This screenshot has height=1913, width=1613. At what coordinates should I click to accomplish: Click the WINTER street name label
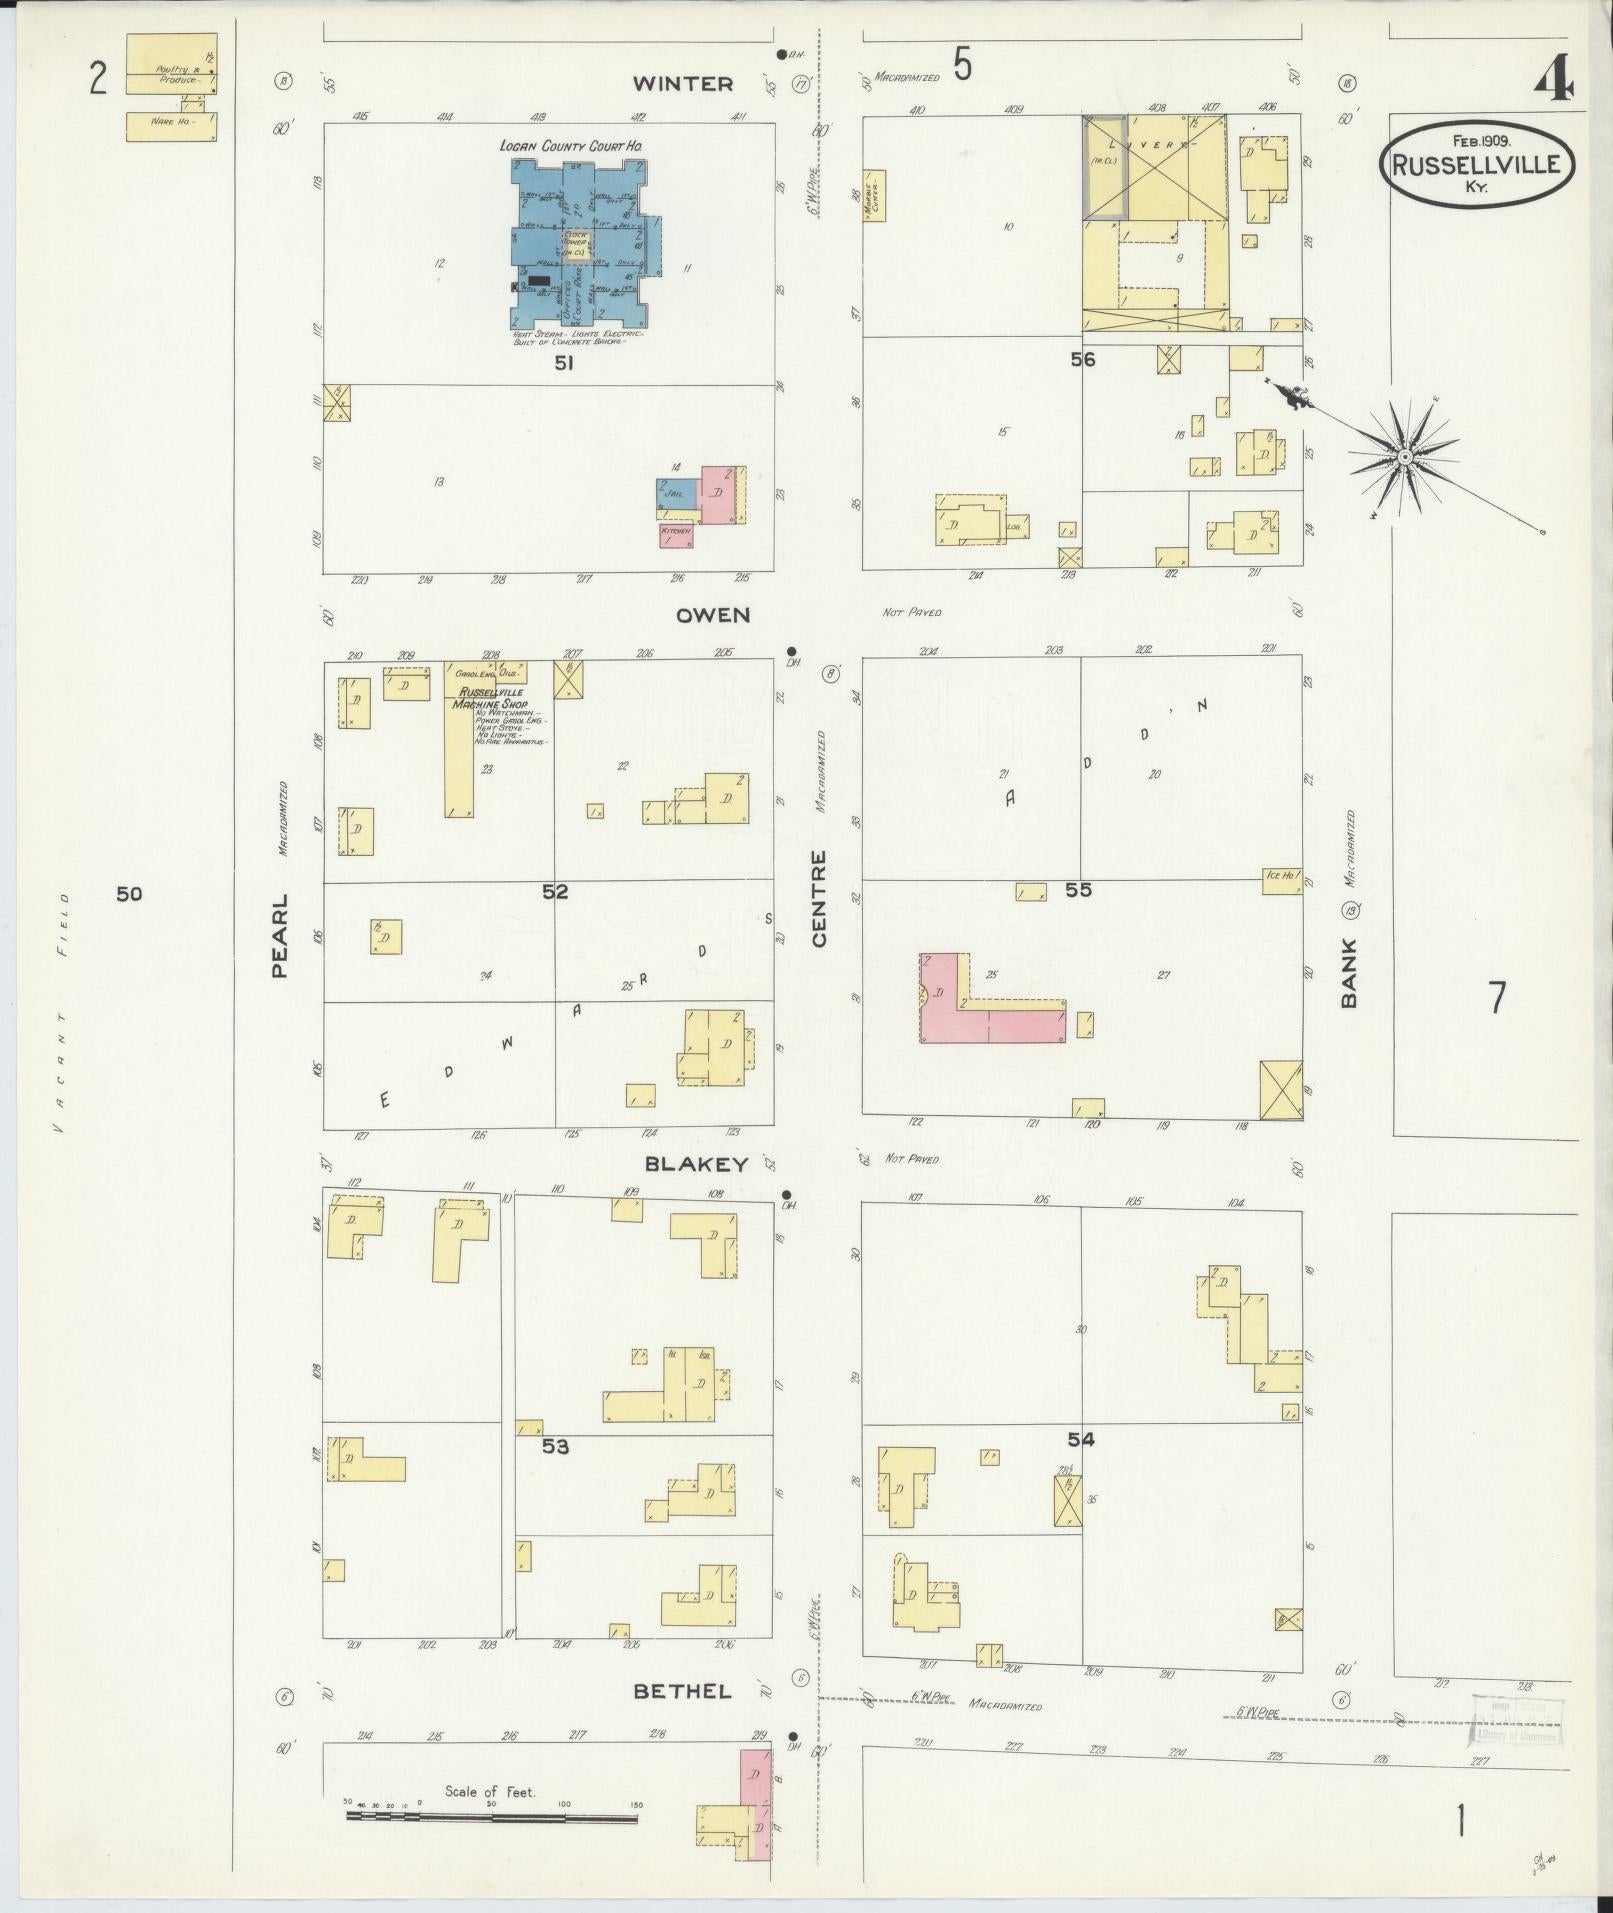pyautogui.click(x=683, y=84)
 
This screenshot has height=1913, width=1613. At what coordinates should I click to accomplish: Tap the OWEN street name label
pyautogui.click(x=713, y=615)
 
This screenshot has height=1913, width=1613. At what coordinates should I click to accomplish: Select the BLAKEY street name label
pyautogui.click(x=696, y=1164)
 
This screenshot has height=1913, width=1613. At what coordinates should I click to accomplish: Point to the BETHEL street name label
pyautogui.click(x=683, y=1691)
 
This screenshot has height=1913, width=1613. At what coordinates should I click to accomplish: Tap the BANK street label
pyautogui.click(x=1349, y=972)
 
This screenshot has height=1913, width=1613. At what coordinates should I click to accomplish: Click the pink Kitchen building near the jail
pyautogui.click(x=676, y=534)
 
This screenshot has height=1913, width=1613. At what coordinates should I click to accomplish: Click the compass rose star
pyautogui.click(x=1403, y=457)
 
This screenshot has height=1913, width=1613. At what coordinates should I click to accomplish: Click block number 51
pyautogui.click(x=564, y=365)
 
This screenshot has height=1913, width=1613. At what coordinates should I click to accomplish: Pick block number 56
pyautogui.click(x=1082, y=360)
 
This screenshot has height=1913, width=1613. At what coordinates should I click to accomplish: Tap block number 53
pyautogui.click(x=555, y=1446)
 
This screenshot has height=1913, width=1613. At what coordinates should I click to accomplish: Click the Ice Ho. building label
pyautogui.click(x=1281, y=876)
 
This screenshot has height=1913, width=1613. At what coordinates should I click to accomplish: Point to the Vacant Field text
pyautogui.click(x=62, y=1010)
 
